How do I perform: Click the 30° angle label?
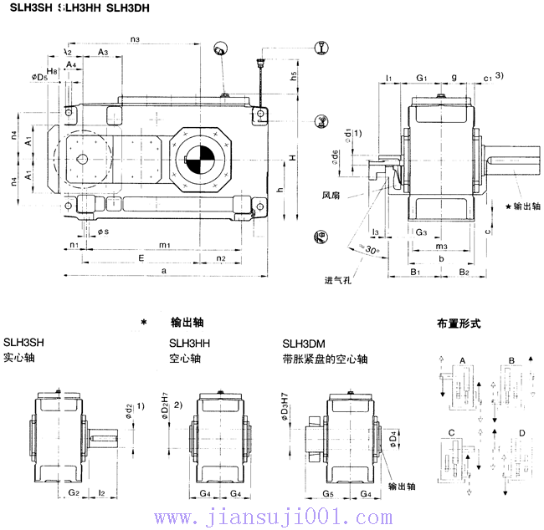[369, 250]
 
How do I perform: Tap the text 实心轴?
[19, 359]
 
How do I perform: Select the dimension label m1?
[165, 245]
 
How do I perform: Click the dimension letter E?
[141, 258]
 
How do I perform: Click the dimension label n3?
[136, 38]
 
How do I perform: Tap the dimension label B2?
[464, 273]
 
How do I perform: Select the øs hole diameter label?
[101, 230]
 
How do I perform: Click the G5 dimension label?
[328, 494]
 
